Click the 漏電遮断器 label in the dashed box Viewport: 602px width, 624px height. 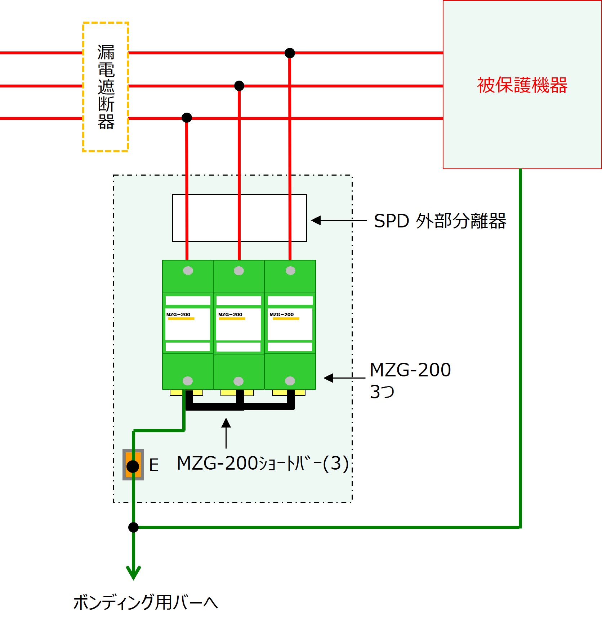click(106, 87)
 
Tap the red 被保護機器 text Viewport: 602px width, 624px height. click(522, 85)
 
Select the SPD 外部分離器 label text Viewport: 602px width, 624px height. click(440, 221)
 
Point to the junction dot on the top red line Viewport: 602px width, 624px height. click(290, 53)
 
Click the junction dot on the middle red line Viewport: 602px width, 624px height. click(239, 86)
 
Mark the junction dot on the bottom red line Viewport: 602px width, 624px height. click(187, 117)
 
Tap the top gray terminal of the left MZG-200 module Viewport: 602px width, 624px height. click(188, 271)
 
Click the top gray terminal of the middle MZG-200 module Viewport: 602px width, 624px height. click(239, 271)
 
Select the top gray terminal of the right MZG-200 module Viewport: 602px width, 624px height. click(290, 271)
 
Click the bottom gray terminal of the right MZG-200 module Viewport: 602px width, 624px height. click(290, 381)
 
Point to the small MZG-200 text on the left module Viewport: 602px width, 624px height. click(178, 315)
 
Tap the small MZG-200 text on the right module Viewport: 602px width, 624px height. click(282, 315)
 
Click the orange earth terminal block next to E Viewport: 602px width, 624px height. click(133, 465)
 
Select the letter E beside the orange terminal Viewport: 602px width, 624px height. click(154, 465)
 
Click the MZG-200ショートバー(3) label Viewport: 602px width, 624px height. click(263, 463)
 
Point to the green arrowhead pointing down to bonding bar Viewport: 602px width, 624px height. click(133, 573)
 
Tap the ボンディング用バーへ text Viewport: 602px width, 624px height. click(146, 602)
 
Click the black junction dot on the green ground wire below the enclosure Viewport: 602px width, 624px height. click(133, 527)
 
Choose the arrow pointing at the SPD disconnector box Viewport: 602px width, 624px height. click(339, 220)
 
